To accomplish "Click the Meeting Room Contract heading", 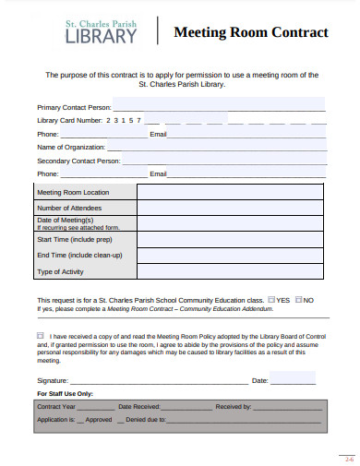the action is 251,32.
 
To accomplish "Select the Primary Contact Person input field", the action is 218,106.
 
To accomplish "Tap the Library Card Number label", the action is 69,120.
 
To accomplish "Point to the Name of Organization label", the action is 70,147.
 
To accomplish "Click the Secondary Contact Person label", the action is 78,160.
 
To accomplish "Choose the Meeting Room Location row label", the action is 73,192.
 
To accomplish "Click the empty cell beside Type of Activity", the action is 230,271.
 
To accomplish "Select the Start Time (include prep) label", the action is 73,239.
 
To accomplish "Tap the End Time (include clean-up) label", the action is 73,255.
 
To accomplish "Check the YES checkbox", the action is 271,299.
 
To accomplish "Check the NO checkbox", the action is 299,299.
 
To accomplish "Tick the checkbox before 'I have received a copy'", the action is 41,336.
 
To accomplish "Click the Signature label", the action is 53,379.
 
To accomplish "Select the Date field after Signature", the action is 293,379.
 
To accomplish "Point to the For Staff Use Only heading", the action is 65,392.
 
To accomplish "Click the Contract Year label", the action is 56,406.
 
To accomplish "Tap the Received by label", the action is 234,406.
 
